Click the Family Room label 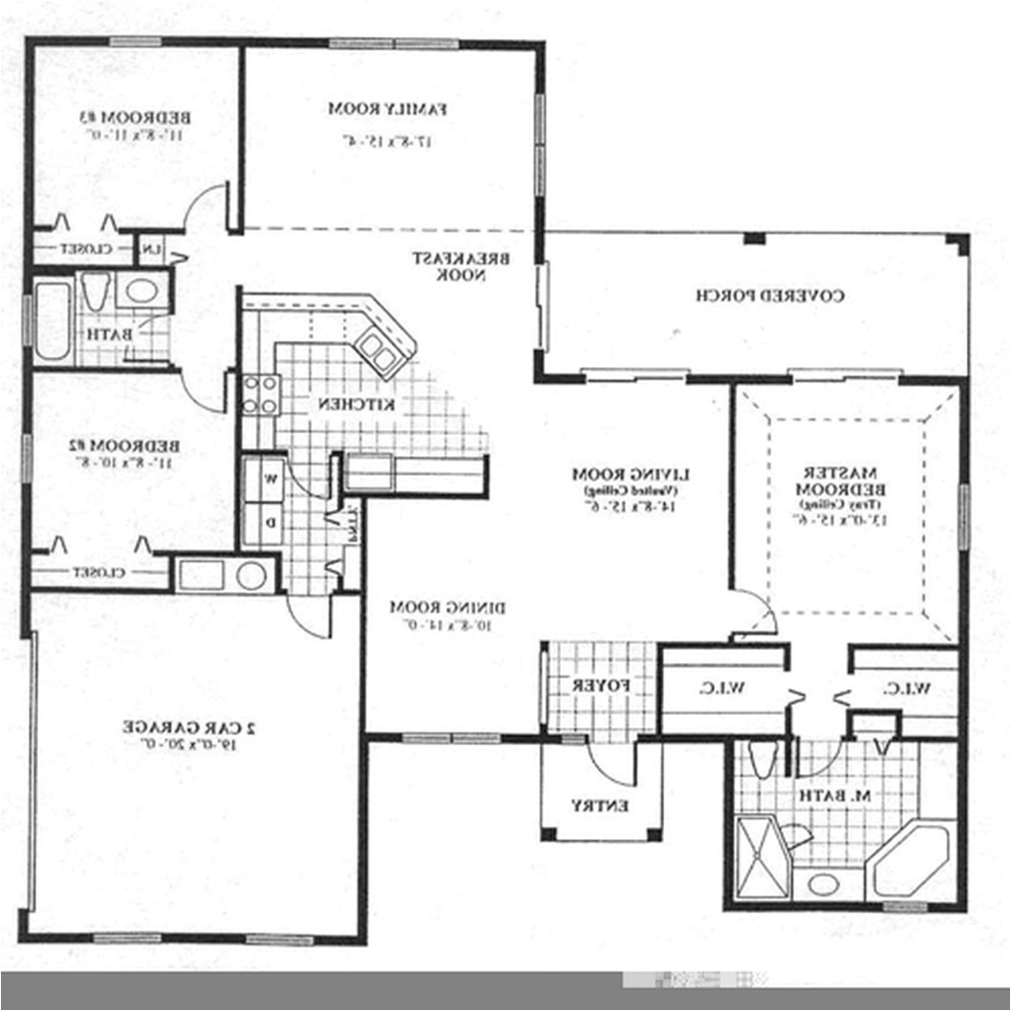click(388, 109)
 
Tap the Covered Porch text click(769, 295)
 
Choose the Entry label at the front click(600, 806)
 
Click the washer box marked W click(270, 478)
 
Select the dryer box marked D click(270, 523)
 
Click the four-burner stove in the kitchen click(261, 394)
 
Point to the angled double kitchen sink click(379, 350)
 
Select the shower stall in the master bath click(761, 858)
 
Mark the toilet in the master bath click(762, 761)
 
